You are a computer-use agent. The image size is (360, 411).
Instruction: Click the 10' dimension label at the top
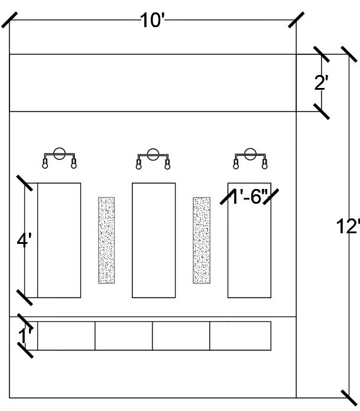click(152, 21)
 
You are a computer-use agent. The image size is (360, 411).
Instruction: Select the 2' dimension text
click(321, 83)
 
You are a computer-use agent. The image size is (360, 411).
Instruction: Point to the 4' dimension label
click(24, 241)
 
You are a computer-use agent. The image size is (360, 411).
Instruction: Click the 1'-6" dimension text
click(249, 197)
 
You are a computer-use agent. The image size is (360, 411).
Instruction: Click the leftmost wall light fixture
click(59, 158)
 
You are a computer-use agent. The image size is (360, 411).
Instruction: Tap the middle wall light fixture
click(153, 158)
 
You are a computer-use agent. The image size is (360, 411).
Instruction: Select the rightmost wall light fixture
click(250, 158)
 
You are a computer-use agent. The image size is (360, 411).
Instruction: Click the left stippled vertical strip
click(106, 240)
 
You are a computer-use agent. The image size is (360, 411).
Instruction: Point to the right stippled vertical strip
click(202, 240)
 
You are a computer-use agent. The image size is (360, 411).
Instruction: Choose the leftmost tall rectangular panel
click(59, 240)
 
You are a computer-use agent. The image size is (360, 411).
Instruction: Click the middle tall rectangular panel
click(154, 240)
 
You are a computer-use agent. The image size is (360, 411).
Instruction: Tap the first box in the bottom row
click(66, 336)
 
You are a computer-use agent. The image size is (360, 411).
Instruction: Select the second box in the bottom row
click(124, 336)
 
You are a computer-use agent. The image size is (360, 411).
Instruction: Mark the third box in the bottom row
click(181, 336)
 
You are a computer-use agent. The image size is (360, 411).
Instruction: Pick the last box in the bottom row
click(241, 336)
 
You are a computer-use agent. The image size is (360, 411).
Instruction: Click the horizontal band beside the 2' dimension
click(153, 83)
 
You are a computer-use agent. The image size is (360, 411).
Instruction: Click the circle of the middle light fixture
click(153, 155)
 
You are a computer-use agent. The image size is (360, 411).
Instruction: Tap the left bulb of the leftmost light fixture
click(44, 165)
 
